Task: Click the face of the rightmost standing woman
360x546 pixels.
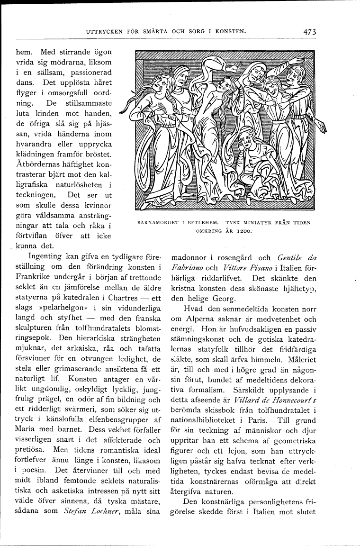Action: click(292, 75)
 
